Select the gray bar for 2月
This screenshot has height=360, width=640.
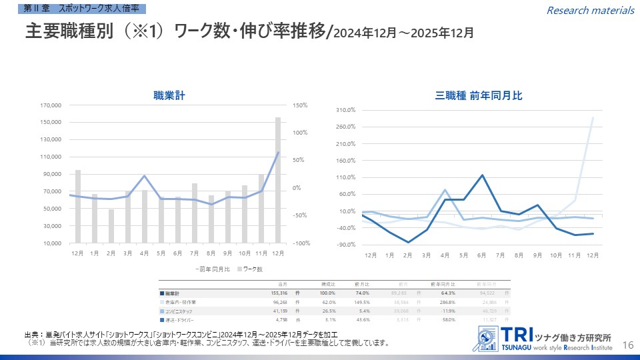[x=111, y=226]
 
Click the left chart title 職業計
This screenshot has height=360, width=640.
[x=169, y=96]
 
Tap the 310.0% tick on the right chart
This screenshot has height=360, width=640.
[x=345, y=110]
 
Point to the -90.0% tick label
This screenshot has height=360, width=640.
[x=345, y=245]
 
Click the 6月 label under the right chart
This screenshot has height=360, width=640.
[x=481, y=255]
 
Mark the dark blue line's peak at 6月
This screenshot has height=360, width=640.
[x=481, y=175]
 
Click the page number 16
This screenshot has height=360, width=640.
[x=627, y=344]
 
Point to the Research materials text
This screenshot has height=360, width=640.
[x=590, y=10]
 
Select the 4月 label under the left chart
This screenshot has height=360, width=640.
[x=144, y=253]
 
